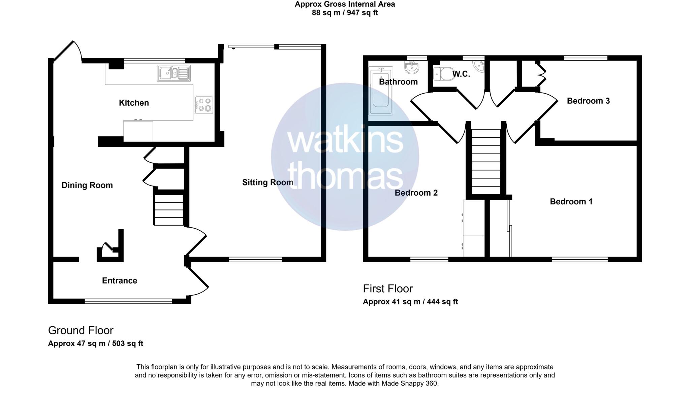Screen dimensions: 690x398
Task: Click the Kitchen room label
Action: (x=134, y=103)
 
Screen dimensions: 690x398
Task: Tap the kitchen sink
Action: (x=174, y=73)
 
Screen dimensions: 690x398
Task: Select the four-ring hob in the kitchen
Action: (x=204, y=105)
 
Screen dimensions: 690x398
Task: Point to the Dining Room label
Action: (x=87, y=185)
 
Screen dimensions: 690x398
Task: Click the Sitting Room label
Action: (x=268, y=183)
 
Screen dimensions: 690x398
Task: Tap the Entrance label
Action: (x=120, y=281)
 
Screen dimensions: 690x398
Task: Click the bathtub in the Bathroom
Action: (x=381, y=91)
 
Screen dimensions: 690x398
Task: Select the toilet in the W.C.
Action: (x=444, y=74)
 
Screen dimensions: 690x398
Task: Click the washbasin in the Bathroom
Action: (x=412, y=67)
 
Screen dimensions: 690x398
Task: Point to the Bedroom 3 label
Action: (x=588, y=101)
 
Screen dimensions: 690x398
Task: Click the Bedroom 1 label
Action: (x=571, y=202)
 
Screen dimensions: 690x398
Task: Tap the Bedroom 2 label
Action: (x=416, y=193)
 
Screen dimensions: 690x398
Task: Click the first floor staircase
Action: (x=486, y=162)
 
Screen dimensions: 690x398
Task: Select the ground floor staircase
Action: (x=169, y=210)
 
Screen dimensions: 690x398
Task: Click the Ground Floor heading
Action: (x=81, y=330)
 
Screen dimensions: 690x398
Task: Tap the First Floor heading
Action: (x=387, y=289)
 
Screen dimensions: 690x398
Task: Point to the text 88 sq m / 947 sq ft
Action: (x=345, y=13)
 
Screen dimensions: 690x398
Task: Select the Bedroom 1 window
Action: (x=579, y=260)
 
